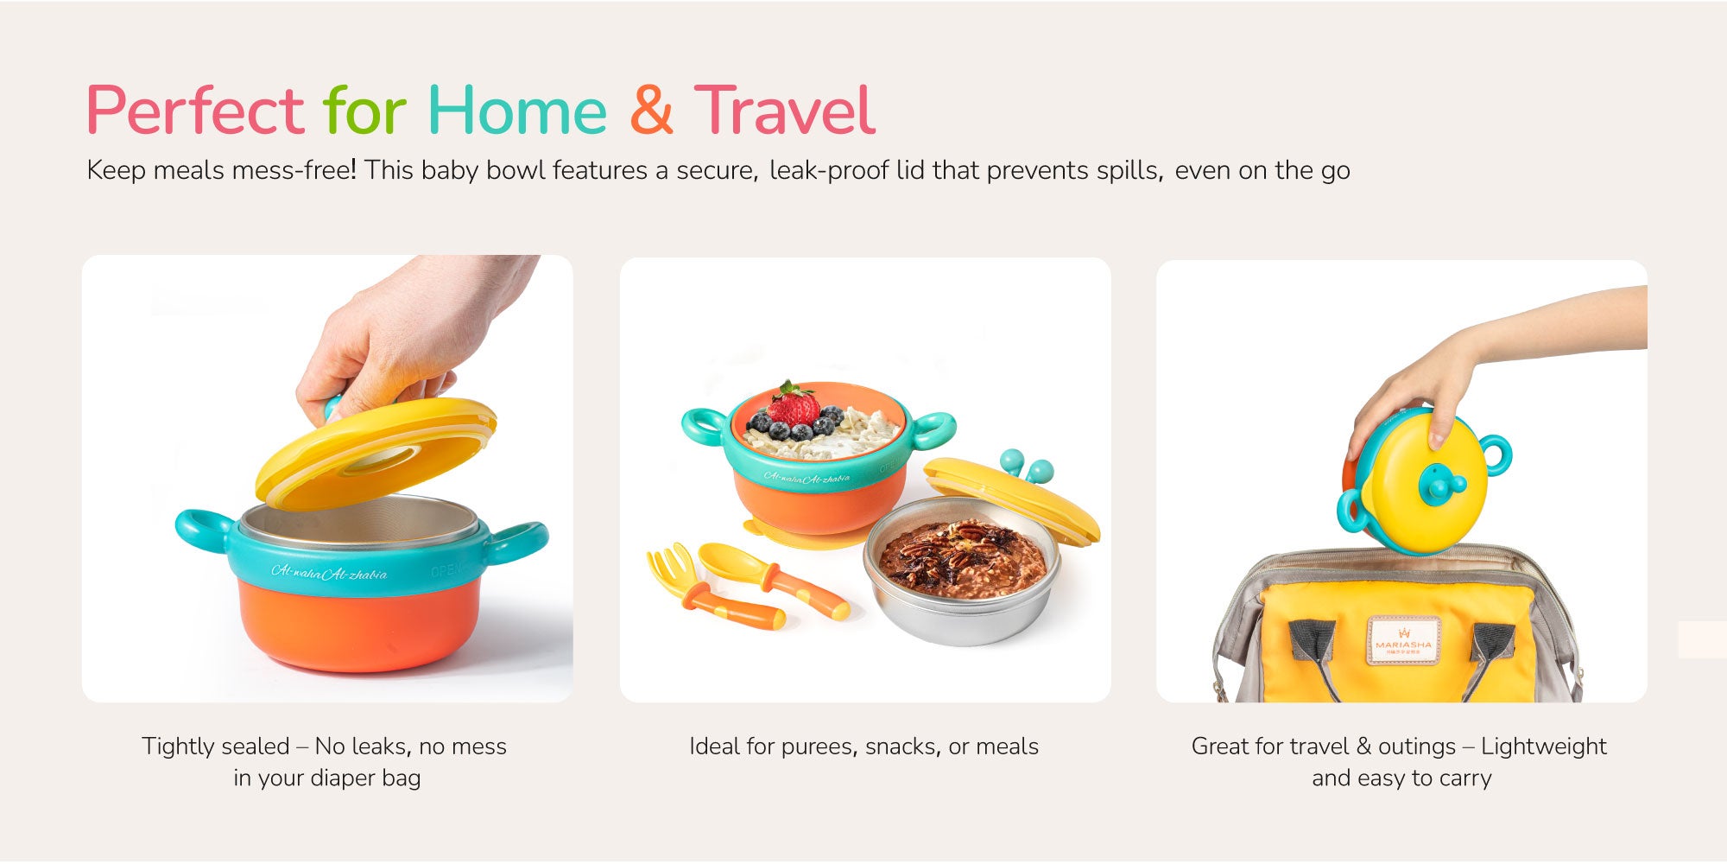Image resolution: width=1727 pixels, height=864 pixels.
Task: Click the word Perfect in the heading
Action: click(195, 111)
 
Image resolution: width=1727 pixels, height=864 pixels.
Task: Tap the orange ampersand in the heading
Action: click(651, 110)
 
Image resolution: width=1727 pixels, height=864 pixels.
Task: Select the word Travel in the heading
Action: click(785, 110)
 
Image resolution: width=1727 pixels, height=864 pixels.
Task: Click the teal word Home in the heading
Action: click(517, 111)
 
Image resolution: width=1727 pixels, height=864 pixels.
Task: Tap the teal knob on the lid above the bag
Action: click(1439, 484)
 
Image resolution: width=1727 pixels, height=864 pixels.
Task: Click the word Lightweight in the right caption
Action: click(1544, 746)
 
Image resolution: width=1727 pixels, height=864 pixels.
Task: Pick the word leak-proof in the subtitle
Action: click(829, 170)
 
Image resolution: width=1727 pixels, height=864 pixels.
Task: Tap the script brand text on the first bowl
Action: click(329, 571)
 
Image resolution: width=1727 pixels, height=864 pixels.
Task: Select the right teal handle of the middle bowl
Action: click(933, 430)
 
